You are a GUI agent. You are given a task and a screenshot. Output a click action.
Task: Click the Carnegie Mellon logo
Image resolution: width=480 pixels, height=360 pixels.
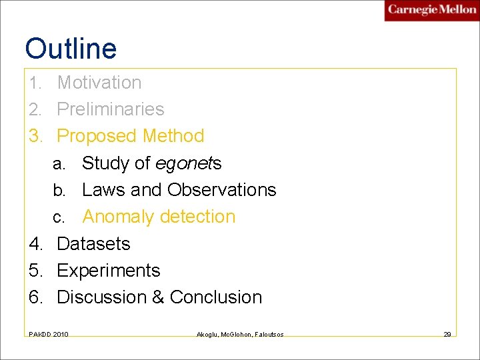pyautogui.click(x=431, y=11)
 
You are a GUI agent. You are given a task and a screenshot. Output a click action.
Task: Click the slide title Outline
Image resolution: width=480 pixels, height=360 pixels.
pyautogui.click(x=71, y=49)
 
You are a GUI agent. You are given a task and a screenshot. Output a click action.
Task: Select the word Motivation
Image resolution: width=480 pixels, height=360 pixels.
pyautogui.click(x=99, y=83)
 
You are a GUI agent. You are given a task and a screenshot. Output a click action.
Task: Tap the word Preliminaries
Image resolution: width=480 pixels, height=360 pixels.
pyautogui.click(x=111, y=109)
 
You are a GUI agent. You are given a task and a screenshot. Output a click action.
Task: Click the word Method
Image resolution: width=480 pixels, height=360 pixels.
pyautogui.click(x=173, y=136)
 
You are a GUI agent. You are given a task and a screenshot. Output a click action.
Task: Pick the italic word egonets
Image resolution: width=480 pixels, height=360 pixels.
pyautogui.click(x=189, y=163)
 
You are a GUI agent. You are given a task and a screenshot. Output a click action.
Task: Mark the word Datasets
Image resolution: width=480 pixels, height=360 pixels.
pyautogui.click(x=93, y=244)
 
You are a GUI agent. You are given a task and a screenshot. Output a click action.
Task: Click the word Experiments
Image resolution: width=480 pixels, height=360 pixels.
pyautogui.click(x=109, y=271)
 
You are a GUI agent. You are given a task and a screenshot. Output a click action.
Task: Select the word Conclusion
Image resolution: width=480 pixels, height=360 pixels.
pyautogui.click(x=216, y=297)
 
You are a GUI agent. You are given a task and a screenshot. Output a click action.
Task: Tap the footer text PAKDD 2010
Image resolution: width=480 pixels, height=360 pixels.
pyautogui.click(x=48, y=333)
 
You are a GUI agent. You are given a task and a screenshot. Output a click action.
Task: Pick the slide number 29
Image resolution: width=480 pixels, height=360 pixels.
pyautogui.click(x=447, y=333)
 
